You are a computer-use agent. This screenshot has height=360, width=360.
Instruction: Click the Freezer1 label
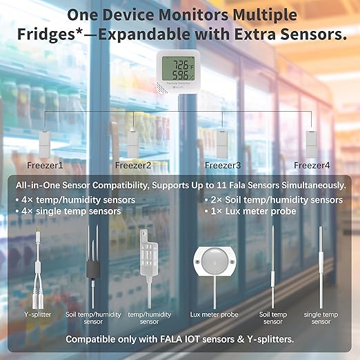coord(46,166)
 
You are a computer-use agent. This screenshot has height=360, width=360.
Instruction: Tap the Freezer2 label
coord(133,166)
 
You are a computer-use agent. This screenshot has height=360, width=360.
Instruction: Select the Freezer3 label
coord(223,166)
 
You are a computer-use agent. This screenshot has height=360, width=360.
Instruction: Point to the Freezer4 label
coord(312,166)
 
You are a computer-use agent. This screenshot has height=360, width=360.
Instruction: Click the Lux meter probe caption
coord(214,314)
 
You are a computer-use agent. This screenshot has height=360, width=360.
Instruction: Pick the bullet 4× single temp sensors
coord(67,211)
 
